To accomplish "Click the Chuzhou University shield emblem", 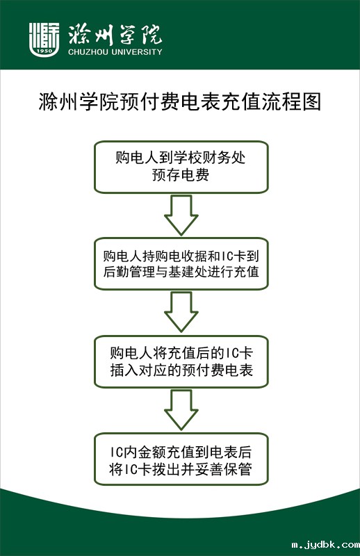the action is point(44,40).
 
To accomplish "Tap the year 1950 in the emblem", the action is point(44,51).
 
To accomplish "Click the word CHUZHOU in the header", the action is point(88,52).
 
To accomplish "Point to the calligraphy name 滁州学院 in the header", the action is point(115,35).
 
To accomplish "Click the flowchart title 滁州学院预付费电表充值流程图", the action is point(180,102).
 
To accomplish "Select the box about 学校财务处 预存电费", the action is point(181,167).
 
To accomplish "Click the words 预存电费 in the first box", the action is point(181,175).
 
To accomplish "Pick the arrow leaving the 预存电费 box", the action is point(181,215).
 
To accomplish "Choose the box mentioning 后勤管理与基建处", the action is point(181,264).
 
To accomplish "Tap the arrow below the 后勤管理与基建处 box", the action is point(181,312).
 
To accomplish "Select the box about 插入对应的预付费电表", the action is point(181,361).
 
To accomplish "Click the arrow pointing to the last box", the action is point(181,410).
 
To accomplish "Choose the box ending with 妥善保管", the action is point(181,459).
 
